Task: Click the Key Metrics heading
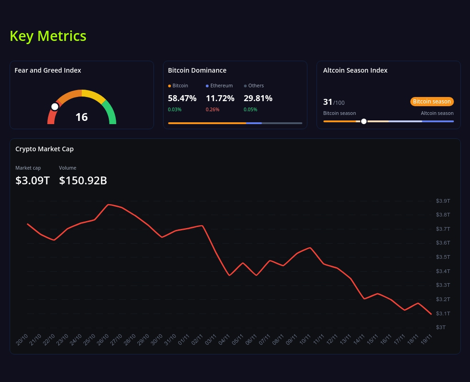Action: pos(48,36)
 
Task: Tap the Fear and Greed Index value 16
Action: pos(81,117)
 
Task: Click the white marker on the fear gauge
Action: pos(55,107)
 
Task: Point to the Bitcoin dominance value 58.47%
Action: pos(182,98)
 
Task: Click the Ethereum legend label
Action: pos(221,86)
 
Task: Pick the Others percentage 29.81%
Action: pos(258,98)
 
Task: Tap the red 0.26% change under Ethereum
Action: pos(212,109)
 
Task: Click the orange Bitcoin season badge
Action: pos(431,102)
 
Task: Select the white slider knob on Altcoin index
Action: pos(364,121)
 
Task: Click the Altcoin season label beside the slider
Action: pos(437,113)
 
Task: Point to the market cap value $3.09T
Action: pos(32,181)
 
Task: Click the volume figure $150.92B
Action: pos(83,181)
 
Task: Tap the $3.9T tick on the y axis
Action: pos(443,201)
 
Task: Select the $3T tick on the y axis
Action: pos(441,327)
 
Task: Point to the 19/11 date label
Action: pos(427,340)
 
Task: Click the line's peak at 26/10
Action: pos(108,205)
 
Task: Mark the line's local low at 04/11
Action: pos(229,275)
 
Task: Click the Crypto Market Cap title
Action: pos(45,149)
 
